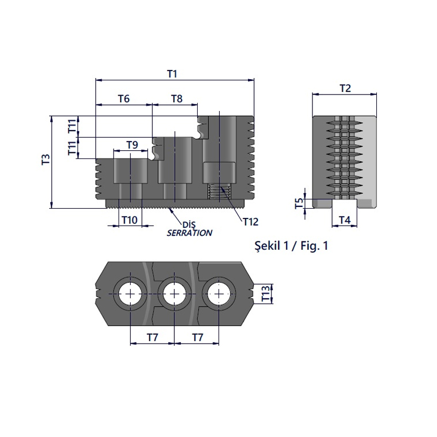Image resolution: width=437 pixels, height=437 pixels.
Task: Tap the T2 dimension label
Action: [345, 88]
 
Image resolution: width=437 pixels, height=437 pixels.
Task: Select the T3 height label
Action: [46, 160]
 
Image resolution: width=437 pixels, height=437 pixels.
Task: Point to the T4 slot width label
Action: [345, 220]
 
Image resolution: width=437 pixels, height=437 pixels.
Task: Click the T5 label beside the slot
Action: [299, 203]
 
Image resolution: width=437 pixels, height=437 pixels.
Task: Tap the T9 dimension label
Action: [132, 144]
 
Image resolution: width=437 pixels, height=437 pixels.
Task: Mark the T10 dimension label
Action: [129, 220]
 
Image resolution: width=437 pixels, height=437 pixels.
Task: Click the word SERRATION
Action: [189, 233]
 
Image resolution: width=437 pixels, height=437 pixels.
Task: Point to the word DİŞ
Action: [189, 224]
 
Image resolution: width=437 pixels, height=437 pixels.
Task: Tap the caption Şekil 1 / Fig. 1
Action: [291, 246]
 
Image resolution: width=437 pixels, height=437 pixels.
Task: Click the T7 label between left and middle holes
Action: [152, 338]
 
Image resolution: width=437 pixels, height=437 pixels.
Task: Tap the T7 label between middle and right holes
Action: [197, 338]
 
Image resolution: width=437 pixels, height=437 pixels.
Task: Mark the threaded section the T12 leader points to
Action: [219, 193]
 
